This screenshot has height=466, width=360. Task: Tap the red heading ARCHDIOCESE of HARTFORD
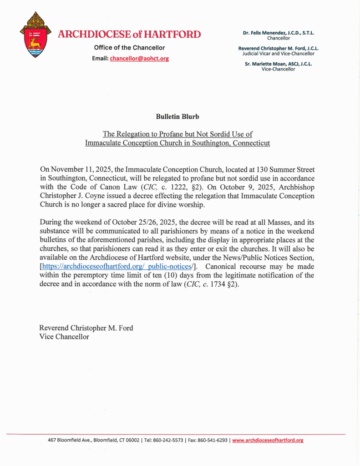pyautogui.click(x=129, y=34)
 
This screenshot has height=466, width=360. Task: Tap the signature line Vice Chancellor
pyautogui.click(x=64, y=337)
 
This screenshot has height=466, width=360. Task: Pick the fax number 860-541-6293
pyautogui.click(x=211, y=440)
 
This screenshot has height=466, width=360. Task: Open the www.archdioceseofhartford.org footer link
pyautogui.click(x=268, y=440)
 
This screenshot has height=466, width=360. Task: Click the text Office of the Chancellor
pyautogui.click(x=129, y=48)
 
